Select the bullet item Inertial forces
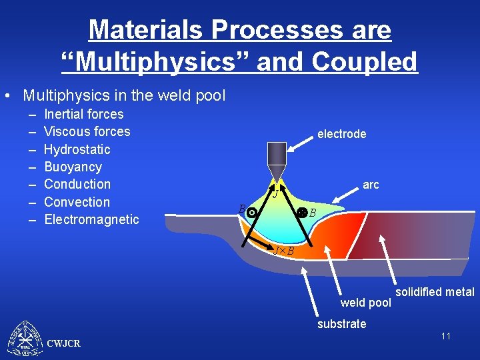click(x=83, y=114)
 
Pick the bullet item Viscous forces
click(x=87, y=131)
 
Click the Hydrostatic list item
click(x=77, y=149)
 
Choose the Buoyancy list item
click(x=73, y=167)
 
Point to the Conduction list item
click(x=77, y=184)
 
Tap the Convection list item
click(x=77, y=202)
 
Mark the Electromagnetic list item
click(x=91, y=219)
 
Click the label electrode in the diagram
click(x=341, y=134)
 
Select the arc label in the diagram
click(x=371, y=185)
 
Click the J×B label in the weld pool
click(x=284, y=251)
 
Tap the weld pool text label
click(x=365, y=303)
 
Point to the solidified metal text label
click(x=435, y=292)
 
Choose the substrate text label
click(x=341, y=324)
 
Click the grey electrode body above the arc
click(x=275, y=157)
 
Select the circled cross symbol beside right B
click(x=301, y=213)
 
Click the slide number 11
click(x=445, y=336)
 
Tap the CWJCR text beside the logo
click(x=64, y=343)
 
